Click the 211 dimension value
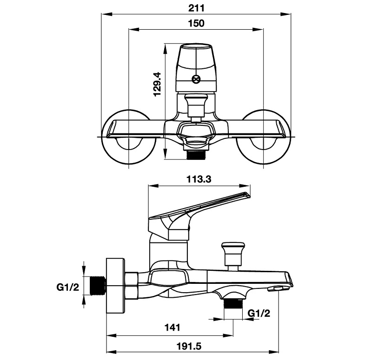(196, 8)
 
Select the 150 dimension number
(196, 23)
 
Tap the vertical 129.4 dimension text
(157, 85)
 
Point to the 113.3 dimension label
(199, 179)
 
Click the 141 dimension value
(173, 327)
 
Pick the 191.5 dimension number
(189, 346)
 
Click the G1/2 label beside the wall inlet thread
(67, 287)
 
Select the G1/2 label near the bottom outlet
(259, 313)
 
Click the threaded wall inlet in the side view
(99, 286)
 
